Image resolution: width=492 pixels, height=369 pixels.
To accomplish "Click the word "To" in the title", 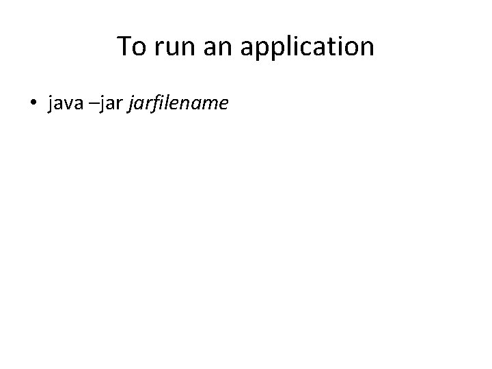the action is [x=131, y=46].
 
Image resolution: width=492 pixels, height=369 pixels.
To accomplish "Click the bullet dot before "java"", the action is [x=33, y=103].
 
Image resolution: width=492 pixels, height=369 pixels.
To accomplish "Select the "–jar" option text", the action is [x=108, y=103].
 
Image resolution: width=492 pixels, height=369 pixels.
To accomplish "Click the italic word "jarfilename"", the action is [x=178, y=103].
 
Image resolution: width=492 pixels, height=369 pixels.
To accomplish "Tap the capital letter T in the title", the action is [x=124, y=46].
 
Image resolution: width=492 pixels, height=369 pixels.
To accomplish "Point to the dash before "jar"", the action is [x=96, y=105].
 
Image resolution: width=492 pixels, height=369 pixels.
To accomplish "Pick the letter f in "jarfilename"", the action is [x=155, y=103].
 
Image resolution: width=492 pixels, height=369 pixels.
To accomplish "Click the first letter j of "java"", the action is [x=50, y=103].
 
